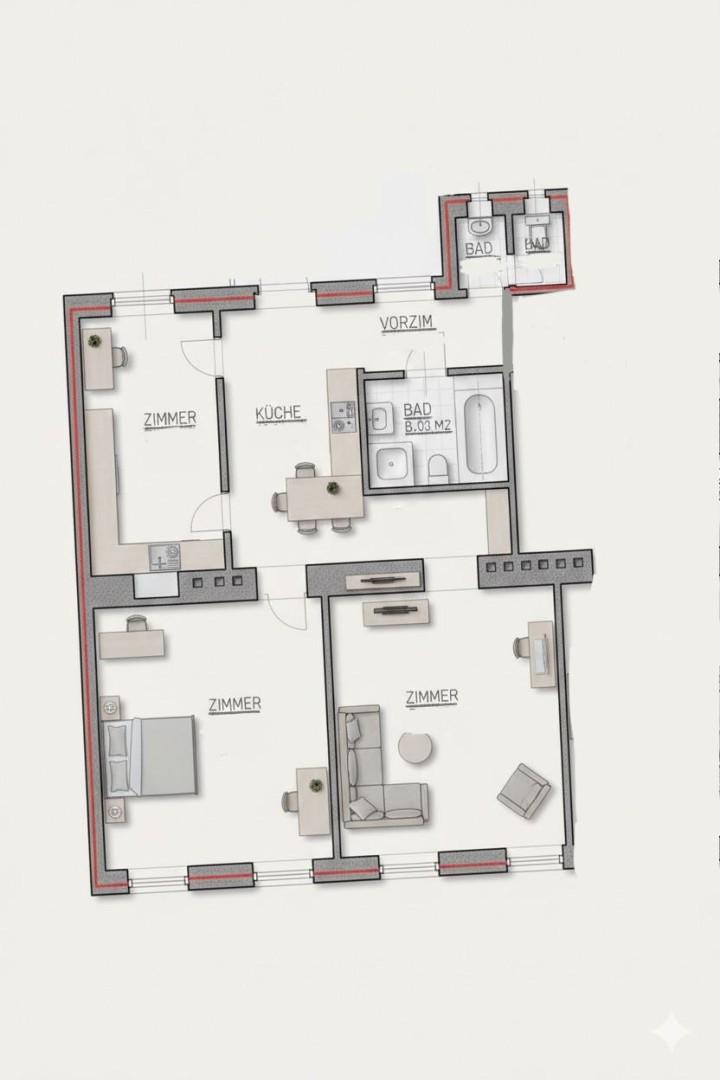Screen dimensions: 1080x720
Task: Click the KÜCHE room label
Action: [278, 412]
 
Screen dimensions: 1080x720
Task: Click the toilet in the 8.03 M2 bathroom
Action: [437, 466]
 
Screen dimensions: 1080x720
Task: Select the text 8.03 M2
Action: [429, 425]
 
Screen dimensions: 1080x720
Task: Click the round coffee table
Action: [415, 747]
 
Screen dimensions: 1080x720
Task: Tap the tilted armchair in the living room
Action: [524, 790]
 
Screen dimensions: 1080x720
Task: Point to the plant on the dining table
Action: [331, 488]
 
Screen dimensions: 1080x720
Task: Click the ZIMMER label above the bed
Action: [235, 704]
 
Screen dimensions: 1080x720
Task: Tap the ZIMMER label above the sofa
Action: [432, 696]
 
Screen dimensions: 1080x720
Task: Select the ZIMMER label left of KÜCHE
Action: [170, 419]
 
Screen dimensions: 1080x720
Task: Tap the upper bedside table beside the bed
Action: [110, 707]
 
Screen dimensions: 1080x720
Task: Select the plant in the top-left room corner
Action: [94, 342]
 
